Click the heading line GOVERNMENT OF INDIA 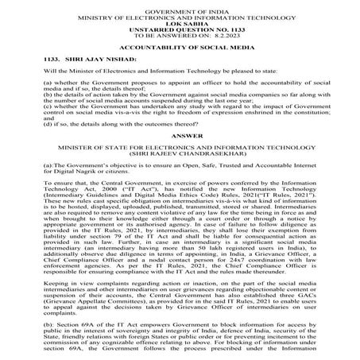180,6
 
